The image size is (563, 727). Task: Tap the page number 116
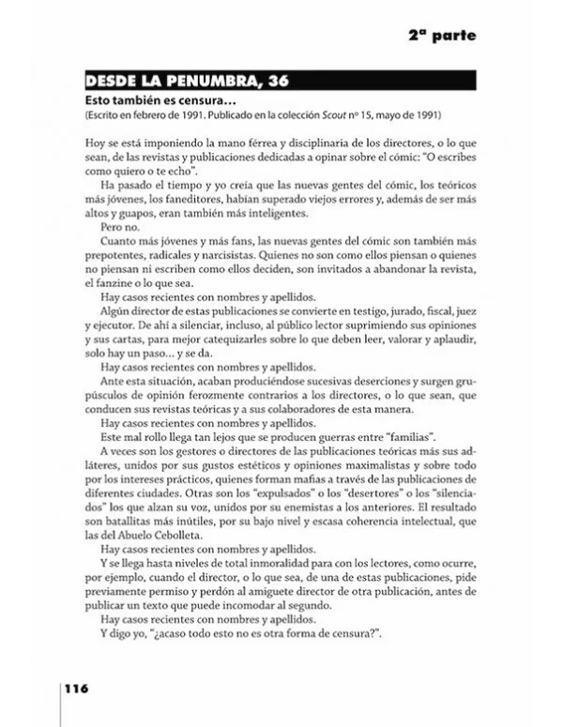(76, 688)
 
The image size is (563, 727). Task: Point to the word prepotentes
(118, 258)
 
